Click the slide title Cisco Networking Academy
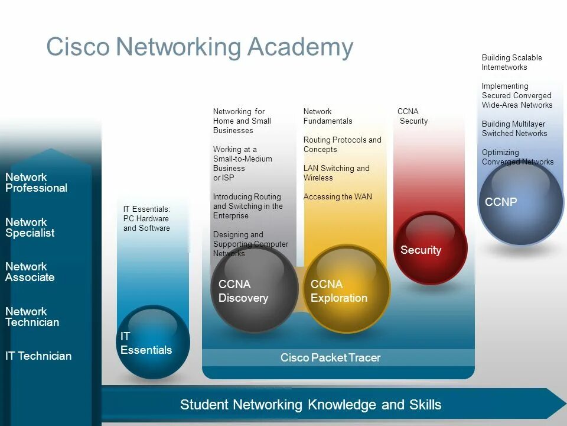200,47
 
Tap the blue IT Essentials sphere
153,341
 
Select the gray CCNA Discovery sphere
255,289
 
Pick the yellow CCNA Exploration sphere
347,289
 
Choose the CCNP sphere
520,202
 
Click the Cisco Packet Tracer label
330,357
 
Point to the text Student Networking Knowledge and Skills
311,405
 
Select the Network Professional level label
36,183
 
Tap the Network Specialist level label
30,228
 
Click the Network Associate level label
30,272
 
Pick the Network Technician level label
32,317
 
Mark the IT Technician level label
38,356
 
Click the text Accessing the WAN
338,197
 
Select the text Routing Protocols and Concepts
342,145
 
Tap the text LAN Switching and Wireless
336,173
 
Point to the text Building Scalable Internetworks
511,63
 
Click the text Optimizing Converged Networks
517,157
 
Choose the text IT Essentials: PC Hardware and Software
146,219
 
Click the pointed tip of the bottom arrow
564,404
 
